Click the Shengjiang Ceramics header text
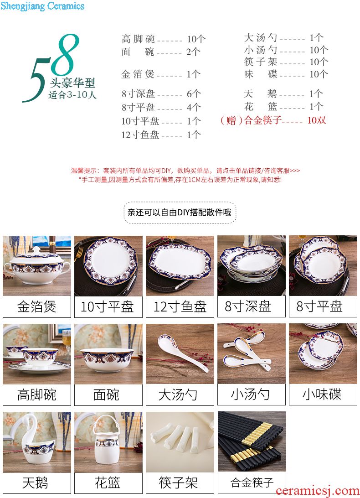click(42, 6)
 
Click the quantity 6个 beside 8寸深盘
click(194, 93)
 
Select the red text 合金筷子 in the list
click(263, 120)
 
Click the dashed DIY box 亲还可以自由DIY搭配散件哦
click(180, 213)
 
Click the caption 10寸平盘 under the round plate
click(107, 306)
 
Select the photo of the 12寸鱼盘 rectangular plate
click(180, 265)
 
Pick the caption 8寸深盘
click(248, 306)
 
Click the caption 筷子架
click(179, 483)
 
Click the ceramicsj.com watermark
click(317, 491)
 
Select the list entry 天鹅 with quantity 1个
click(284, 93)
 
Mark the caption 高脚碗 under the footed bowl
click(37, 395)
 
